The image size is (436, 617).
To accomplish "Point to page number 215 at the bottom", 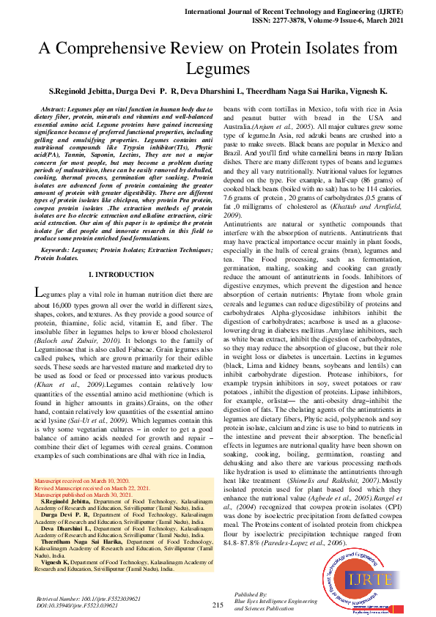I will coord(218,605).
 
